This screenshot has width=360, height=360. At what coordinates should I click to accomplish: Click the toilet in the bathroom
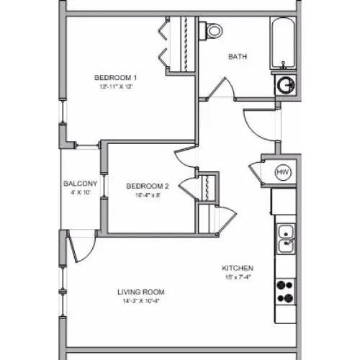point(211,31)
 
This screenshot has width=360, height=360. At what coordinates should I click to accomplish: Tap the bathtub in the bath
point(283,43)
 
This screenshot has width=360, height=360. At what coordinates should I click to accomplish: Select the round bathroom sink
point(286,85)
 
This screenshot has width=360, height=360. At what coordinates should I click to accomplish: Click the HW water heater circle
point(283,172)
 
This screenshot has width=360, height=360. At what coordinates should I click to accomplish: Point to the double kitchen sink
point(286,239)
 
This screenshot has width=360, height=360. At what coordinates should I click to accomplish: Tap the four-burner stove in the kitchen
point(285,292)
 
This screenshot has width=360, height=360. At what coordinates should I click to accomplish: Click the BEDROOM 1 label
point(116,78)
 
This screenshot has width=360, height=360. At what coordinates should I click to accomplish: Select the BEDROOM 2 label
point(148,186)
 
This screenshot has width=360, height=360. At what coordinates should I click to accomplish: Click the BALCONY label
point(81,184)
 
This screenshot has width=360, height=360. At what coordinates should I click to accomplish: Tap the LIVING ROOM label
point(141,292)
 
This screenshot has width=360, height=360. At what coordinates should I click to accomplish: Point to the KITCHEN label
point(238,268)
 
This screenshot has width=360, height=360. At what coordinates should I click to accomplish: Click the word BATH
point(238,57)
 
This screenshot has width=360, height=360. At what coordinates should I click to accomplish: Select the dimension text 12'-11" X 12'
point(116,86)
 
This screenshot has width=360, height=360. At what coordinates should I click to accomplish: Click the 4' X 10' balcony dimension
point(81,192)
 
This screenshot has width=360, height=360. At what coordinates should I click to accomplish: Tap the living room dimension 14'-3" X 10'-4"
point(141,301)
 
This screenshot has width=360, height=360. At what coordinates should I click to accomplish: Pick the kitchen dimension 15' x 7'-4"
point(238,277)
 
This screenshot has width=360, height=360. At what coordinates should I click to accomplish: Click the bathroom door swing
point(221,88)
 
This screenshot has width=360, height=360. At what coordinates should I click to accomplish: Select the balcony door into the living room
point(81,247)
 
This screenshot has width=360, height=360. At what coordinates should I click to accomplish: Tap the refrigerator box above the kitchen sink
point(284,202)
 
